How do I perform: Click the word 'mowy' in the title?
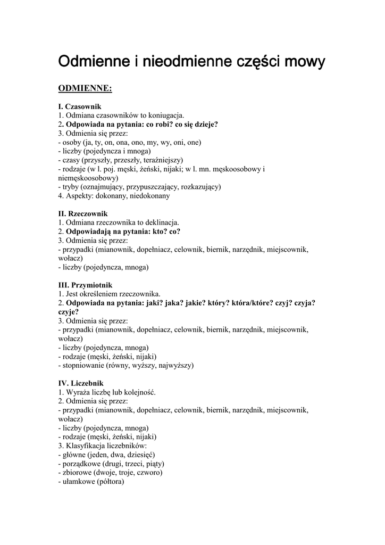pos(302,62)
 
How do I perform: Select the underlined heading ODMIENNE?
pos(85,88)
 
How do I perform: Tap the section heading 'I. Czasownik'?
pos(80,106)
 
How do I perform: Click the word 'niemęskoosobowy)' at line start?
pos(88,178)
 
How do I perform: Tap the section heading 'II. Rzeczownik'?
pos(83,213)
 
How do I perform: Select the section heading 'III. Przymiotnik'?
pos(85,285)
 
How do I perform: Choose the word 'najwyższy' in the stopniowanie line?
pos(175,366)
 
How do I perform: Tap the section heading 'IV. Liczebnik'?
pos(81,383)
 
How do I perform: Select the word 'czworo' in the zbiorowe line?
pos(149,473)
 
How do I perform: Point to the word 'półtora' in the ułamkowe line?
pos(110,482)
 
